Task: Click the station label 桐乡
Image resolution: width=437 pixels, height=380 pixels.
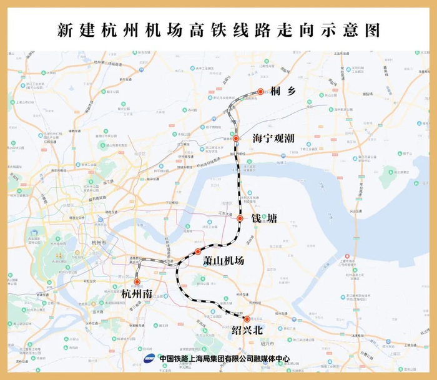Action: click(x=283, y=92)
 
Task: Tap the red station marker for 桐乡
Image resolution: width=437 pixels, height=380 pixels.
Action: click(x=260, y=92)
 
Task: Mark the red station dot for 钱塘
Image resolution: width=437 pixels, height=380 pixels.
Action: click(x=240, y=218)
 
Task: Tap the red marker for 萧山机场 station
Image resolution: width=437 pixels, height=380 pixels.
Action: click(x=198, y=252)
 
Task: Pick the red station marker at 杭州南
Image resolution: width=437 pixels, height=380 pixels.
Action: click(x=137, y=282)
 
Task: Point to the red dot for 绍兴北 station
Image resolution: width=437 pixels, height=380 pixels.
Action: click(x=247, y=319)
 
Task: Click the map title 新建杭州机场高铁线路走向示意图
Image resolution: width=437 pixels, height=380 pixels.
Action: click(x=218, y=29)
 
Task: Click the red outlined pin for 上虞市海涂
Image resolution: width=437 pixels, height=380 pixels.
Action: click(x=347, y=256)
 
